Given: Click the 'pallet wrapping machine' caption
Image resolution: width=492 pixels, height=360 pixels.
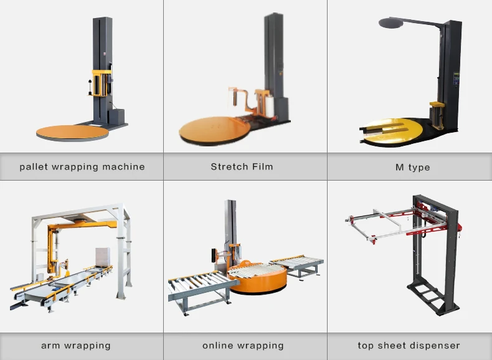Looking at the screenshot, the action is point(82,167).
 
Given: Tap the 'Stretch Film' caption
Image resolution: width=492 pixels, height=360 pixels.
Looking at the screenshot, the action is point(242,167).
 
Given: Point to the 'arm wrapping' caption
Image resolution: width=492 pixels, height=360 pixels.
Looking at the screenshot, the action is point(76,345).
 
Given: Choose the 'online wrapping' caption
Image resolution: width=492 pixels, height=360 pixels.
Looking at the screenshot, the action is point(243,345).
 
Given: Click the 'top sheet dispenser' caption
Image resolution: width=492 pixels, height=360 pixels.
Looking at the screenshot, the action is point(409,345).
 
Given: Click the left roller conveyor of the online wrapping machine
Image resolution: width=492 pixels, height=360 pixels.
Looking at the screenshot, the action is point(197,287).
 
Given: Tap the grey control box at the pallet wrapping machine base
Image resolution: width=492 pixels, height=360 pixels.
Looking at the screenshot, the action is point(116,116).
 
